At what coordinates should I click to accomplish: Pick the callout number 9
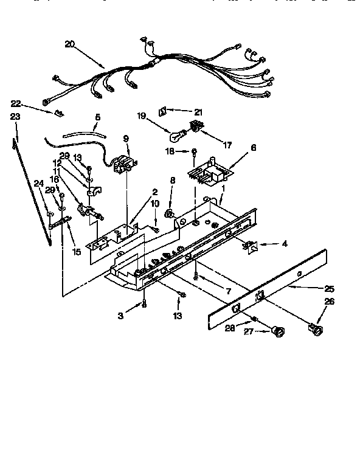pos(126,139)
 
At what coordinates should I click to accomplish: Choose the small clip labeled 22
pos(59,112)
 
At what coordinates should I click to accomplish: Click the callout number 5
pos(98,117)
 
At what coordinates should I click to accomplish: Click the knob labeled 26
pos(317,330)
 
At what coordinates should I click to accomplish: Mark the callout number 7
pos(227,292)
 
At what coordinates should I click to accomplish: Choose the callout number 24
pos(38,182)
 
